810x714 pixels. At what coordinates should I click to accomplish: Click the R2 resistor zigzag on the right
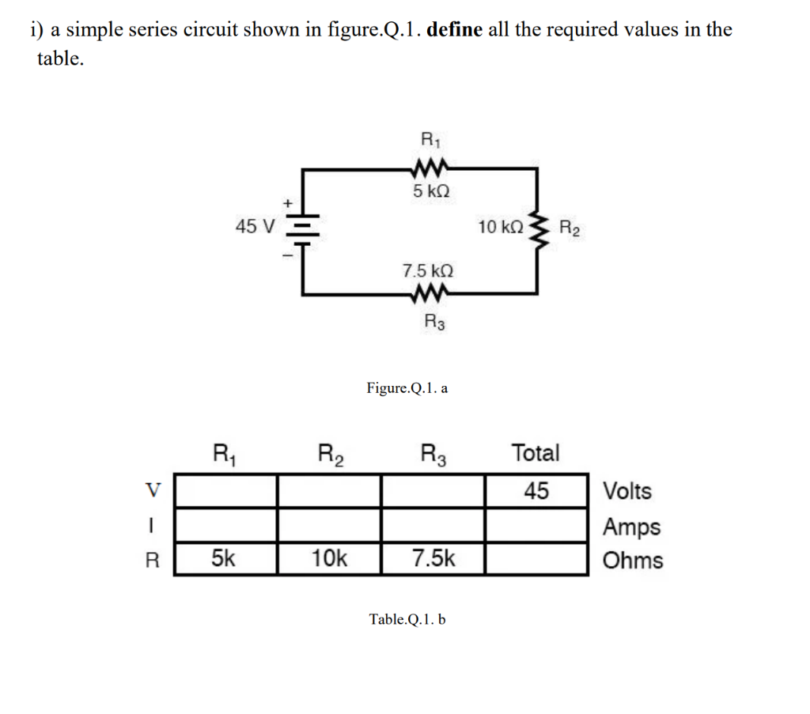pyautogui.click(x=539, y=228)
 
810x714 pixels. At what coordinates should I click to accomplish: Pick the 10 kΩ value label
pyautogui.click(x=500, y=228)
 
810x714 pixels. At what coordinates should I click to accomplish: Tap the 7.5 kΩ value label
pyautogui.click(x=428, y=271)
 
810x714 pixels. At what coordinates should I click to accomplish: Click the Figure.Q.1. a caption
pyautogui.click(x=407, y=388)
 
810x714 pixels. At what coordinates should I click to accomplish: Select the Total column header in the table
pyautogui.click(x=536, y=453)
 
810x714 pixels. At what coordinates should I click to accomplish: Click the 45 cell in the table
pyautogui.click(x=536, y=491)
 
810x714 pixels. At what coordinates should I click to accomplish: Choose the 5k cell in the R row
pyautogui.click(x=225, y=559)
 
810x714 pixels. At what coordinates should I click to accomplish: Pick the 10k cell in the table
pyautogui.click(x=328, y=559)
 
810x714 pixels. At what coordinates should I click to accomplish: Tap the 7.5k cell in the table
pyautogui.click(x=433, y=559)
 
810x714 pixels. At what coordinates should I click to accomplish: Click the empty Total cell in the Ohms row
pyautogui.click(x=536, y=559)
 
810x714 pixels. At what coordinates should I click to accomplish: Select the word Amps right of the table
pyautogui.click(x=631, y=526)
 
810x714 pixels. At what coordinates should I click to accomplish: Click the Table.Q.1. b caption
pyautogui.click(x=407, y=619)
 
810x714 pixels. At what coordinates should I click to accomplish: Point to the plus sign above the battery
pyautogui.click(x=289, y=204)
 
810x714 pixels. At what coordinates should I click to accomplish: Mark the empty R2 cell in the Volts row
pyautogui.click(x=328, y=491)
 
